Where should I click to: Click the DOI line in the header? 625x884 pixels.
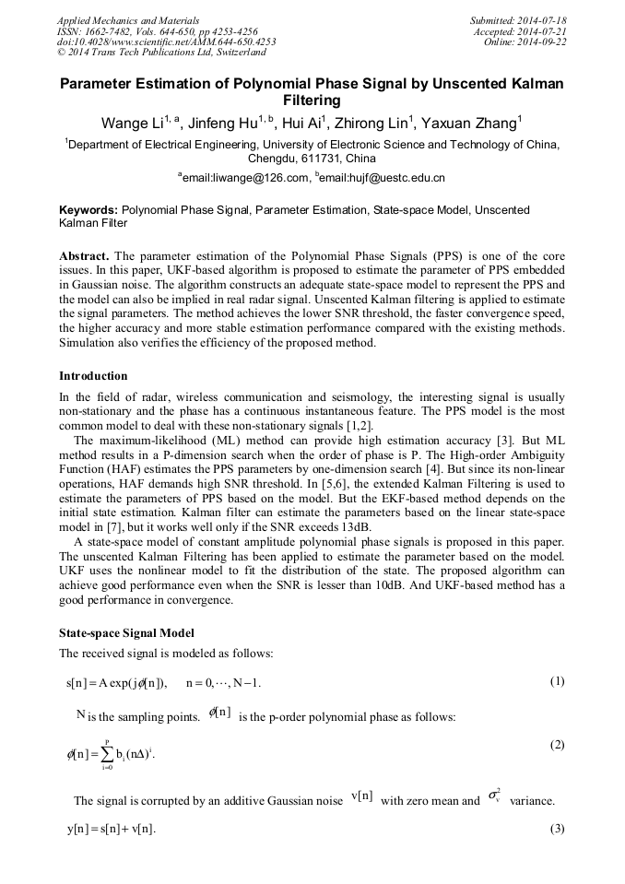166,41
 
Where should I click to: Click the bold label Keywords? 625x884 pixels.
88,210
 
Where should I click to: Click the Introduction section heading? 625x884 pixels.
93,376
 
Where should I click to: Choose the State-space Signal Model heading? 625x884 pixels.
126,634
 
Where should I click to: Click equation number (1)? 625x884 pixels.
557,681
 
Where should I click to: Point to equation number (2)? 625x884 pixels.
557,744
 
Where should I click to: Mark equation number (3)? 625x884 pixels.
557,828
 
